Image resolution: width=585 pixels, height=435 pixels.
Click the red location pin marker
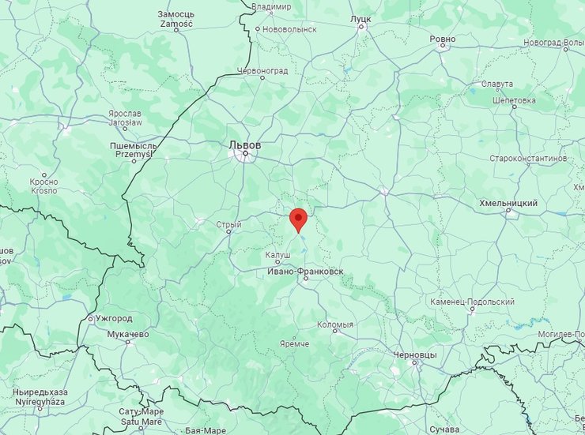[298, 219]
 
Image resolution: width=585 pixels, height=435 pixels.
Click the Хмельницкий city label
[508, 203]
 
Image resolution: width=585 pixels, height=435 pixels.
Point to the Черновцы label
[414, 355]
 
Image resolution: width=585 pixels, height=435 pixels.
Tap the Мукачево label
[126, 334]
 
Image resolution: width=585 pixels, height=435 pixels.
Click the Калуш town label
[277, 255]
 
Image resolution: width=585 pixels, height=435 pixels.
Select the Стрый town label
[228, 224]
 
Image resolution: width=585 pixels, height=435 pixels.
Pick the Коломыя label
[334, 324]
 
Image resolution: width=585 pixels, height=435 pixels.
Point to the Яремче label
[294, 344]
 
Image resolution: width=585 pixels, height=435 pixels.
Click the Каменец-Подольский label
[473, 302]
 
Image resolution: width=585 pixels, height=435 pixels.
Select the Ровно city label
[443, 39]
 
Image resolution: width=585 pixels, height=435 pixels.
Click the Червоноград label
[262, 70]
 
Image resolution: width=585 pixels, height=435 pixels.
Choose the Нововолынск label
[289, 28]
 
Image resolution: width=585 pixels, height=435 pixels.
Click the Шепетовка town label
[514, 100]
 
